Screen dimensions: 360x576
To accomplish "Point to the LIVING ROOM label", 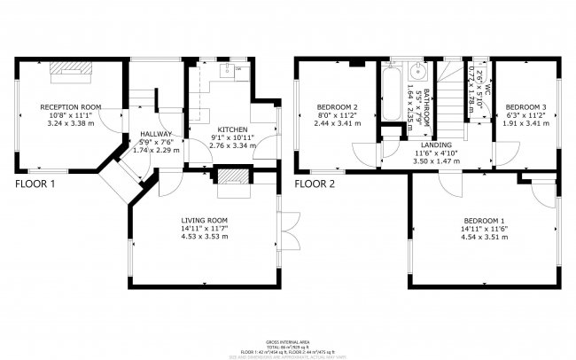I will pos(205,220).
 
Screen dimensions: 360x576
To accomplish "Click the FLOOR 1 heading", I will pos(35,184).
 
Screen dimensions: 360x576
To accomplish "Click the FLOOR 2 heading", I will pos(315,184).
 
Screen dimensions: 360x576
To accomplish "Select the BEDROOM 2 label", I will pos(338,106).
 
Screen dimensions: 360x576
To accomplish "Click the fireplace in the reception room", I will pos(64,69).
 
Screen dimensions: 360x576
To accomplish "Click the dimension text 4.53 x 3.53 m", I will pos(205,237).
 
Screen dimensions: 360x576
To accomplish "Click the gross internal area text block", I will pos(288,348).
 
